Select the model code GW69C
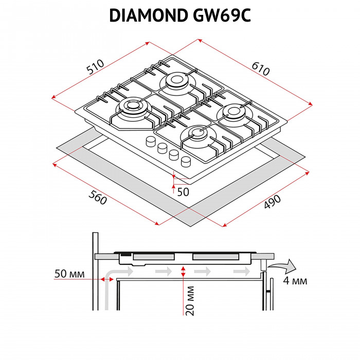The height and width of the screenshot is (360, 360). coord(222,16)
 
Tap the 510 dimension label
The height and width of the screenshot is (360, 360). coord(96,66)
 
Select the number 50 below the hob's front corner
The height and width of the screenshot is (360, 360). coord(183,191)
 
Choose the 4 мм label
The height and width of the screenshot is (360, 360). coord(295,281)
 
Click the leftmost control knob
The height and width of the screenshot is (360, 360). coord(151,141)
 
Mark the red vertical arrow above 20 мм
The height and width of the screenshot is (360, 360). coord(183,274)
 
